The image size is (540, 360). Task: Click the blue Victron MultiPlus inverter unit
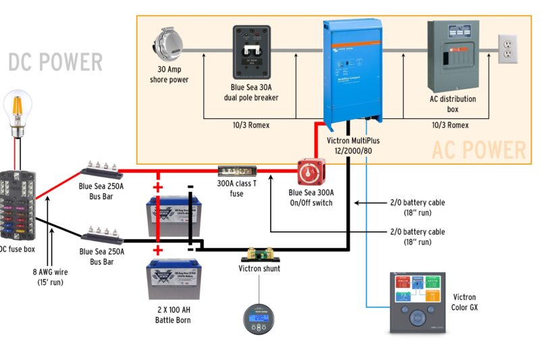pyautogui.click(x=352, y=73)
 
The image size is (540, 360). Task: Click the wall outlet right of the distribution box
pyautogui.click(x=507, y=49)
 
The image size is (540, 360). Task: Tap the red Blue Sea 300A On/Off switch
pyautogui.click(x=311, y=174)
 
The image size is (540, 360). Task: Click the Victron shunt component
pyautogui.click(x=259, y=255)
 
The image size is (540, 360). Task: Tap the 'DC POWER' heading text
pyautogui.click(x=55, y=62)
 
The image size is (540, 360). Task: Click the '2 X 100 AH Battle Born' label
pyautogui.click(x=173, y=315)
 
